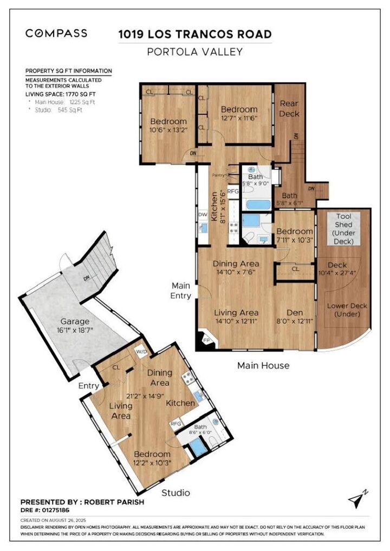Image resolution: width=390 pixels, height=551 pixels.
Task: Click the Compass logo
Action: coord(56,34)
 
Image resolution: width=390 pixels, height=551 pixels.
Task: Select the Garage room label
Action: coord(75,321)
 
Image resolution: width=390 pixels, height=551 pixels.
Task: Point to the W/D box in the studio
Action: coord(142,351)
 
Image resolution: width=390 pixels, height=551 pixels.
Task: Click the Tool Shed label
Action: coord(343,228)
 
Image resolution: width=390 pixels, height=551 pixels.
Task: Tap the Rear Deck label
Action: coord(289,109)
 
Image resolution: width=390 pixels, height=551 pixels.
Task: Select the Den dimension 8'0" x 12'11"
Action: coord(295,321)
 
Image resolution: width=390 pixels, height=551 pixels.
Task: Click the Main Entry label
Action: coord(181,291)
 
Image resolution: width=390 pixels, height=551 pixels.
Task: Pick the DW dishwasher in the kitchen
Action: coord(203,215)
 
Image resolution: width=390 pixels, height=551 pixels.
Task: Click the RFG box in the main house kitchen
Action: coord(233,192)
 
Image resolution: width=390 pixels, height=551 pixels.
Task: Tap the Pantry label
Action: coord(218,175)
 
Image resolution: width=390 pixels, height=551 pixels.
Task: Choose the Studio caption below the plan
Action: coord(176,493)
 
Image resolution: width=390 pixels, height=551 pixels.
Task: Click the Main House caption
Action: coord(263,365)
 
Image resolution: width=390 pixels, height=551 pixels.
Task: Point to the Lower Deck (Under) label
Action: coord(347,310)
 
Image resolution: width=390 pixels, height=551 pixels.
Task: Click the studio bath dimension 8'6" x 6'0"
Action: coord(200,432)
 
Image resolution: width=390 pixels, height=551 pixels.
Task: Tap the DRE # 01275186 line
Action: coord(44,510)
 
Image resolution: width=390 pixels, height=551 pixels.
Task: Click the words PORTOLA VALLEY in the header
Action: coord(195,52)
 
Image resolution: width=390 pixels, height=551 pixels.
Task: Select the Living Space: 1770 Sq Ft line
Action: coord(61,94)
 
